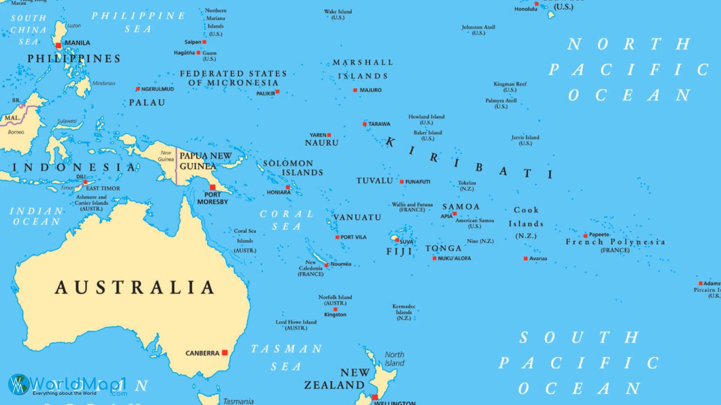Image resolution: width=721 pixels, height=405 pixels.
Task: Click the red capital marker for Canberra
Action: coord(225,352)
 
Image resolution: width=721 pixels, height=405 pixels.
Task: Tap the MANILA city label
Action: coord(77,43)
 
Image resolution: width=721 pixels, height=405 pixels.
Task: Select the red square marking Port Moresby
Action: coord(213,187)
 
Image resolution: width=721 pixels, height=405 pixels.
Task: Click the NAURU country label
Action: coord(321,143)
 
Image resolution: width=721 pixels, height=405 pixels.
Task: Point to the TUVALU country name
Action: coord(374,181)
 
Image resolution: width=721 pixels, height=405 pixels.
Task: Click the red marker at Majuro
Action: coord(355,90)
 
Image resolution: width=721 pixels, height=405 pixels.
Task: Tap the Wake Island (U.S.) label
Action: coord(338,15)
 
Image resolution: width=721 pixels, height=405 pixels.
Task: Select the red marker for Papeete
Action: coord(585,236)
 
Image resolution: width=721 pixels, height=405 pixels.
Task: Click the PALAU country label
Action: coord(147,103)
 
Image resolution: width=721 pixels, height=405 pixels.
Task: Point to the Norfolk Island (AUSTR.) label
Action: coord(335,300)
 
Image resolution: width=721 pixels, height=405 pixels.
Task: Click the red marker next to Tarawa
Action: coord(365,124)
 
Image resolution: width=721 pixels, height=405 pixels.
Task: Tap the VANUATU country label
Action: coord(357,217)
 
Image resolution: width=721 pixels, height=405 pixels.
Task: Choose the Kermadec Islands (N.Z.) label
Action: coord(404,312)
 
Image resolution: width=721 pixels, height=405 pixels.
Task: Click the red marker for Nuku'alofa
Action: coord(434,258)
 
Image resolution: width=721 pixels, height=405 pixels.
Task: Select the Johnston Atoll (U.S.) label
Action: coord(478,30)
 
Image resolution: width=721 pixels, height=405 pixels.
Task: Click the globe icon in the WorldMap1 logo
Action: coord(18,384)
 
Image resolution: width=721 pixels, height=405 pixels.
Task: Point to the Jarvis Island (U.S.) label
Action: coord(525,140)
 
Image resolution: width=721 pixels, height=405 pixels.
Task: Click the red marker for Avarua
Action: coord(526,259)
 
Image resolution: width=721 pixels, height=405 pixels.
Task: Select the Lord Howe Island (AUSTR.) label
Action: coord(296,325)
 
